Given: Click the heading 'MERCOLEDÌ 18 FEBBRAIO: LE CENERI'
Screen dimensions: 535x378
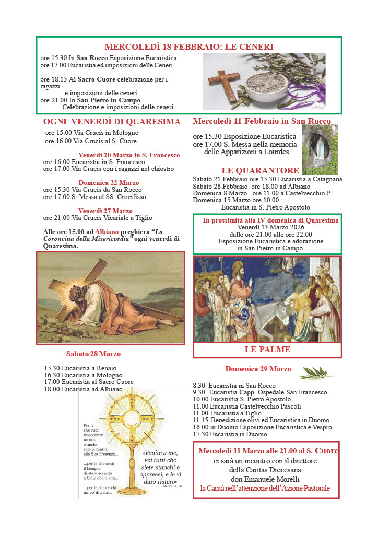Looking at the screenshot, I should click(x=188, y=47).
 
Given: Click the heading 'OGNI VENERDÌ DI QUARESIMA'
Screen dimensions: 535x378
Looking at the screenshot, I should click(x=112, y=122).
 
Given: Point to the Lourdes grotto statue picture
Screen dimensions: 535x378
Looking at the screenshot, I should click(x=320, y=149).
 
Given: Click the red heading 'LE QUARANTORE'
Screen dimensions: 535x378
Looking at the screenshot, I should click(x=260, y=170).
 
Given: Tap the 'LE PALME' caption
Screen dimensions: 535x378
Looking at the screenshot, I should click(x=267, y=350).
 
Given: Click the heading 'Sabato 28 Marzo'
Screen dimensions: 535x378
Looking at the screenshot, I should click(x=93, y=354).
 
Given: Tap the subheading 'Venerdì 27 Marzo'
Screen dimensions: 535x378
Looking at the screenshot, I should click(x=105, y=211).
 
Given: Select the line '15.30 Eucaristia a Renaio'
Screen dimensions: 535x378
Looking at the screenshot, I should click(x=80, y=368).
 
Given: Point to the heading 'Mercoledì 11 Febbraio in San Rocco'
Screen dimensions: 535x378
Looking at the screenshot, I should click(x=262, y=121).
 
